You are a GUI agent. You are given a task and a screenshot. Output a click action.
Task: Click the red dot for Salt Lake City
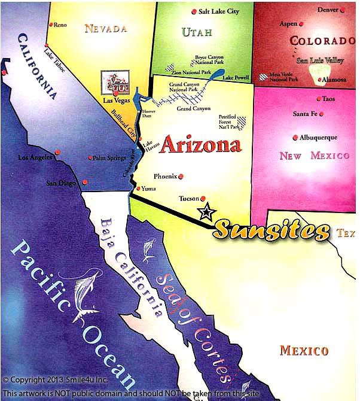[x=194, y=12]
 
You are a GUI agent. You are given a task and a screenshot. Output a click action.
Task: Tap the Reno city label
[x=60, y=25]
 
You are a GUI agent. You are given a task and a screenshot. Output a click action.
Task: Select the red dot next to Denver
[x=342, y=10]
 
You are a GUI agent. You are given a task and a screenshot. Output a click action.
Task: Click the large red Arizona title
[x=200, y=144]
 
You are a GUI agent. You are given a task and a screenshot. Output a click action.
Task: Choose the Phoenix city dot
[x=181, y=176]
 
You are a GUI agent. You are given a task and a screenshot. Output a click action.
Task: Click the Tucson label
[x=189, y=198]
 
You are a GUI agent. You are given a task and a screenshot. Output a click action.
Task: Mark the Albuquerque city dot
[x=295, y=137]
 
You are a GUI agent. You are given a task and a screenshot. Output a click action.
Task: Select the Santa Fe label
[x=304, y=114]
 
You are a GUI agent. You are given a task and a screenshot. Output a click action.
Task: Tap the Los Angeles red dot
[x=57, y=152]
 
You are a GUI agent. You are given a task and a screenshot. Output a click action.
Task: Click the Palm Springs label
[x=109, y=159]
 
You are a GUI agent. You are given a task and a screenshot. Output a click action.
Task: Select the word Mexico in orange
[x=304, y=350]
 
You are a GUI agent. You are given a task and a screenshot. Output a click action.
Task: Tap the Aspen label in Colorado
[x=288, y=24]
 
